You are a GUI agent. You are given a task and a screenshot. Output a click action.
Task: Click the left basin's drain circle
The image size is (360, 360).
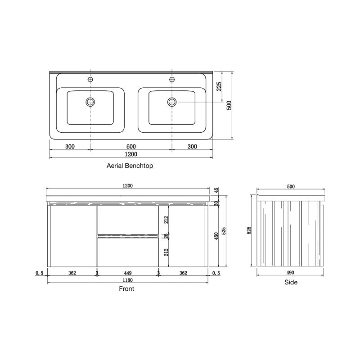point(90,102)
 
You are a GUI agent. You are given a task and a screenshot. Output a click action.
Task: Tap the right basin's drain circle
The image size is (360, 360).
point(171,102)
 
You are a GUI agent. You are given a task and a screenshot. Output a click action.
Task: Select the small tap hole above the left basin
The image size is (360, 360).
point(90,80)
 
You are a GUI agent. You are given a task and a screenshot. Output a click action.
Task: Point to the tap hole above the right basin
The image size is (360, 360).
point(171,80)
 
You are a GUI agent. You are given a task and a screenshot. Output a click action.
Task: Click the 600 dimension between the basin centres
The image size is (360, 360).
point(131,147)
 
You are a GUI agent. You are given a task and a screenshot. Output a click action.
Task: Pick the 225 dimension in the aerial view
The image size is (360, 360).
point(219,87)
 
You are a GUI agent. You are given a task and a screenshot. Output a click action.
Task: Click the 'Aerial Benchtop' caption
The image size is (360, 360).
point(130,166)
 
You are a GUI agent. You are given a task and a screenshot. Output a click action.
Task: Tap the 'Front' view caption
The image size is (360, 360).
point(126,289)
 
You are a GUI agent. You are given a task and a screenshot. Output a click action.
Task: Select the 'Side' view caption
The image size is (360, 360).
point(291,283)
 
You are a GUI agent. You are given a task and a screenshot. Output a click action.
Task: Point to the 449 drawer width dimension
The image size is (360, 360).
point(127,273)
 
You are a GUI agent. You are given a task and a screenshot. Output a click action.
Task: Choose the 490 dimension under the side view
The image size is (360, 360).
point(290,273)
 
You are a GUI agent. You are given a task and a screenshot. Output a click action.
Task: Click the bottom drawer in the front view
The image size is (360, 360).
point(127,251)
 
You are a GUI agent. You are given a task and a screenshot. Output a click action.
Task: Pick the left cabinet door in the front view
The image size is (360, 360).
point(72,235)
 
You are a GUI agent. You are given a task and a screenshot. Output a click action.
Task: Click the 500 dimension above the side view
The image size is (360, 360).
point(291,186)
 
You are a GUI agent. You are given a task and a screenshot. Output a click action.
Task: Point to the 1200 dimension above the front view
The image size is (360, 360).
point(128,186)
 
